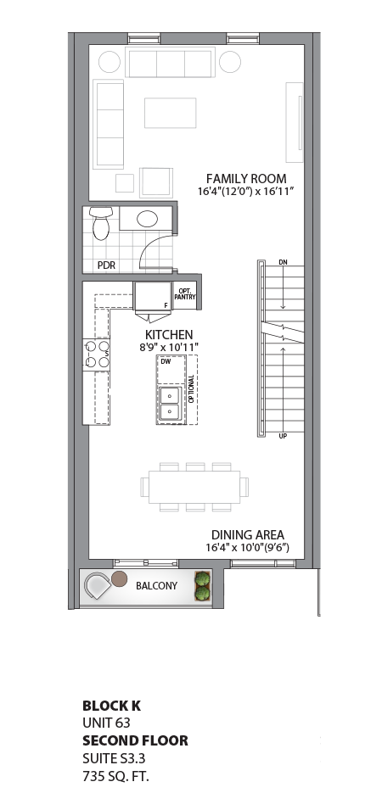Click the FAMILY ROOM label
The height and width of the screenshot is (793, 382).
246,178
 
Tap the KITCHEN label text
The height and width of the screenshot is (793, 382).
169,334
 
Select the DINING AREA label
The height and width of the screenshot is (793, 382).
248,535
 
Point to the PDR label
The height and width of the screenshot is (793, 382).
106,265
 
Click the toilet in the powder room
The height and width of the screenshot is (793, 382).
100,221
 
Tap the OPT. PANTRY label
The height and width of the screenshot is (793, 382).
186,293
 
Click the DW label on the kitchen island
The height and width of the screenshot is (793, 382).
166,362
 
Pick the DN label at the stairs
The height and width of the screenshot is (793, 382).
283,263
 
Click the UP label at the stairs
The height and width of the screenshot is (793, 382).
283,437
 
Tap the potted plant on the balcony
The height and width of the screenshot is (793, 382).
203,586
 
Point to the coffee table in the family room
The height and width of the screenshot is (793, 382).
170,112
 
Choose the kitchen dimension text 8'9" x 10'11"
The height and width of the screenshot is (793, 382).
169,348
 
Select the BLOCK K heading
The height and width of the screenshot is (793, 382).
111,706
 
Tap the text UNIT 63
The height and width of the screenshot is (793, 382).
105,723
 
